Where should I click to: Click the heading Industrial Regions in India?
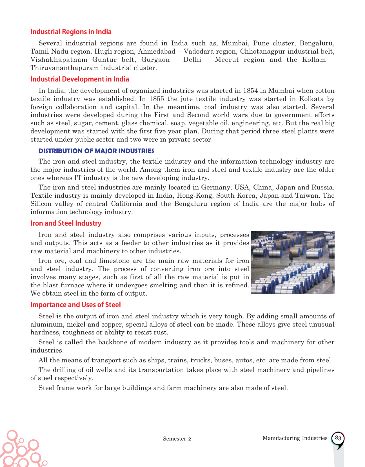click(x=71, y=32)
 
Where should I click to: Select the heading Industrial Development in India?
click(x=80, y=79)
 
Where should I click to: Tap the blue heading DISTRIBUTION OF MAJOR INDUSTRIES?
click(x=96, y=151)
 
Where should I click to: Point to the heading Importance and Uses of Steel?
click(x=75, y=305)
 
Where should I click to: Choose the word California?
click(x=126, y=204)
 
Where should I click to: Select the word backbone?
click(x=111, y=342)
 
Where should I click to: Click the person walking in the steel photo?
click(x=291, y=256)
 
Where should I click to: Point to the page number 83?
click(x=338, y=438)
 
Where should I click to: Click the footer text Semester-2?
click(x=177, y=439)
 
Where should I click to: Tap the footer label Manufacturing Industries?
click(x=295, y=438)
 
